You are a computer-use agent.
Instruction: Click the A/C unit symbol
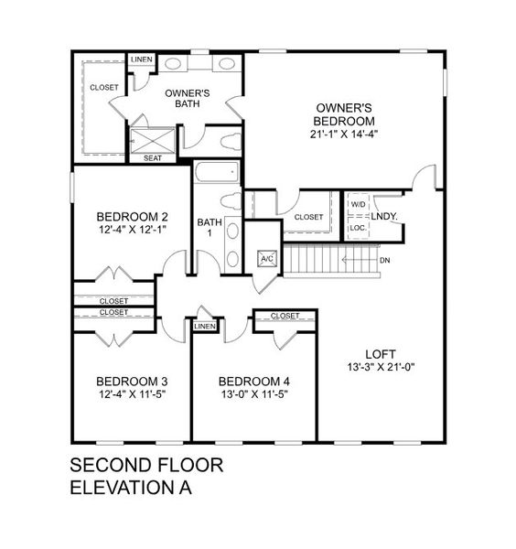tap(267, 259)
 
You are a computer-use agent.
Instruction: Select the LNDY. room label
tap(384, 216)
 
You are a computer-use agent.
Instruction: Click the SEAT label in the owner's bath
tap(153, 158)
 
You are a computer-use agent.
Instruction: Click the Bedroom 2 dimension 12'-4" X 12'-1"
tap(133, 230)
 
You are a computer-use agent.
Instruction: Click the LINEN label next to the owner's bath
tap(141, 59)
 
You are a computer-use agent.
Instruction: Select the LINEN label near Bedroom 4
tap(205, 326)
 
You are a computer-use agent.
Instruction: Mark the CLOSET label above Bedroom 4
tap(285, 317)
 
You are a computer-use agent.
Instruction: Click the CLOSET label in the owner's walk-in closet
tap(103, 87)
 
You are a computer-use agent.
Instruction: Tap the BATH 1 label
tap(210, 228)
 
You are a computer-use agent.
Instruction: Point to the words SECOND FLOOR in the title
tap(146, 465)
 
